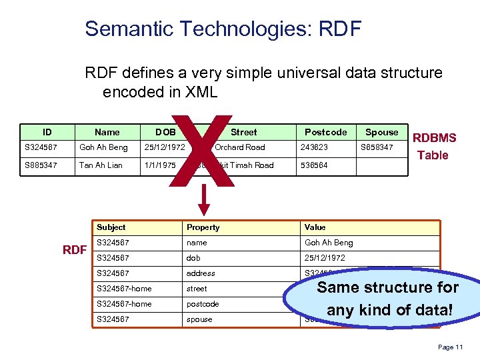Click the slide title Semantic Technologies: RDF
pyautogui.click(x=223, y=29)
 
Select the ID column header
pyautogui.click(x=47, y=132)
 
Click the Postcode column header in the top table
pyautogui.click(x=325, y=132)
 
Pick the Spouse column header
pyautogui.click(x=381, y=132)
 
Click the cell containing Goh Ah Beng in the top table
pyautogui.click(x=103, y=147)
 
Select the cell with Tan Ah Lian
pyautogui.click(x=101, y=165)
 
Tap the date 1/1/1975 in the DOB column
pyautogui.click(x=161, y=165)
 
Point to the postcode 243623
pyautogui.click(x=314, y=147)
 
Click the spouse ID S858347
pyautogui.click(x=377, y=147)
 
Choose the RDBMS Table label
pyautogui.click(x=435, y=147)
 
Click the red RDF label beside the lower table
pyautogui.click(x=75, y=250)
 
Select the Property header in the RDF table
pyautogui.click(x=203, y=227)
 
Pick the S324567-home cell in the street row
pyautogui.click(x=123, y=289)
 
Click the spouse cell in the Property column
pyautogui.click(x=199, y=319)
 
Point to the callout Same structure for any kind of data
pyautogui.click(x=387, y=299)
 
